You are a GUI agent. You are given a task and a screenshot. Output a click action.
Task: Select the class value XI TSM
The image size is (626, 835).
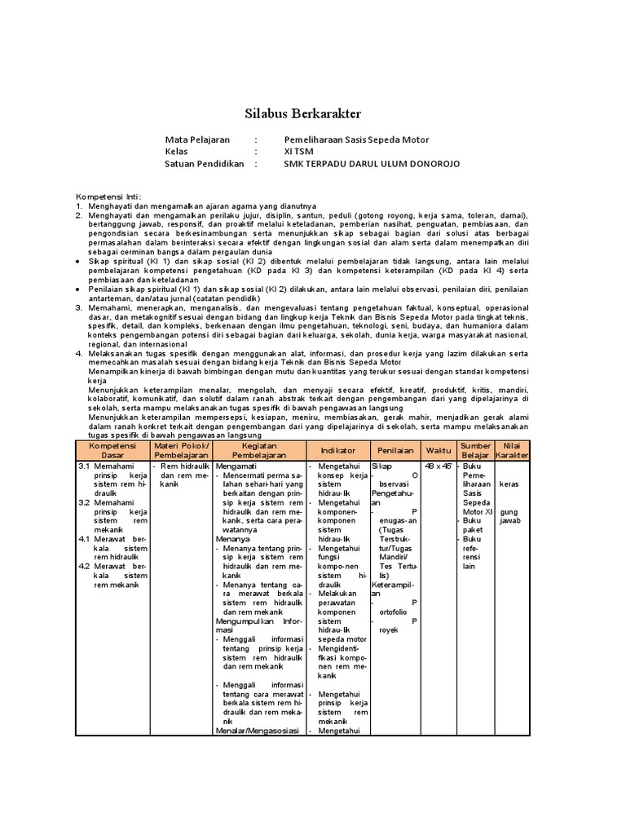tap(298, 152)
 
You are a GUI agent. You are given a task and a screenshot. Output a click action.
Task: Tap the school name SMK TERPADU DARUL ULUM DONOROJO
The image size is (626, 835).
tap(372, 164)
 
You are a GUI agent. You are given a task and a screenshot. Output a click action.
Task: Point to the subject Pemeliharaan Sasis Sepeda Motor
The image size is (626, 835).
tap(356, 139)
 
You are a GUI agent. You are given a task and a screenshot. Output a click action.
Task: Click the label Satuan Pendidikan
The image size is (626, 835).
tap(205, 164)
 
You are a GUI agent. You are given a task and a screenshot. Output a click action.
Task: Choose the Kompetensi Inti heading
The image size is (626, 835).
tap(108, 197)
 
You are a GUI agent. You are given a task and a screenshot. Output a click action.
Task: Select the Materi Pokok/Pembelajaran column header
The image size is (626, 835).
tap(181, 450)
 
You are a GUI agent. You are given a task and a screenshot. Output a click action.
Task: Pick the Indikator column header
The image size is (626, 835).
tap(339, 450)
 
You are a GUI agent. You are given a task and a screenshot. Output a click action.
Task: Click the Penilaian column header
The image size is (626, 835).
tap(395, 450)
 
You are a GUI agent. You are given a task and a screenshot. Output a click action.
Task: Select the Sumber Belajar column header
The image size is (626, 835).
tap(476, 450)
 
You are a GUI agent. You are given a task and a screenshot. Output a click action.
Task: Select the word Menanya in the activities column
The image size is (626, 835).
tap(233, 539)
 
